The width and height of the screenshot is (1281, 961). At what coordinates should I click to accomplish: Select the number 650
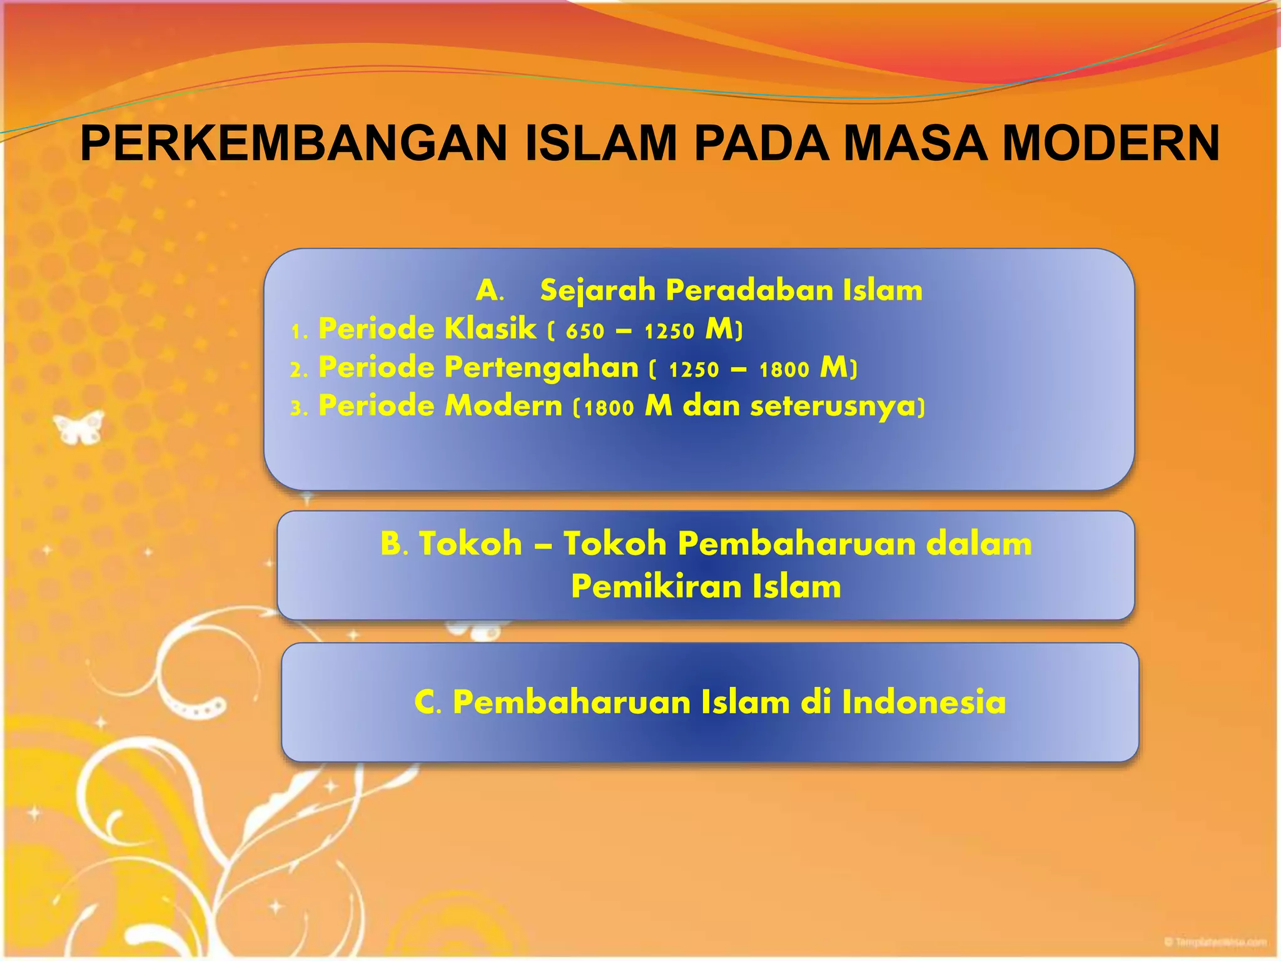(x=585, y=331)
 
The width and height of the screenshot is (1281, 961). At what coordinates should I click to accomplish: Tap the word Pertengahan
(x=541, y=368)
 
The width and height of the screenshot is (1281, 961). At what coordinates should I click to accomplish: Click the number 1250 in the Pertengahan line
(x=694, y=370)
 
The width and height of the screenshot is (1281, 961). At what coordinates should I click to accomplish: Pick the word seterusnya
(x=831, y=407)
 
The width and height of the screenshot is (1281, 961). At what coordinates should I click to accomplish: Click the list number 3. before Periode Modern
(x=299, y=409)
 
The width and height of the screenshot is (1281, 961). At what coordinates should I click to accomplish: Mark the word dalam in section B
(x=978, y=543)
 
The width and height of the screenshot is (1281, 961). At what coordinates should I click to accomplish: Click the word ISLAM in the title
(x=600, y=144)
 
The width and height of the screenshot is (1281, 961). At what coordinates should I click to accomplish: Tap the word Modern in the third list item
(x=503, y=406)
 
